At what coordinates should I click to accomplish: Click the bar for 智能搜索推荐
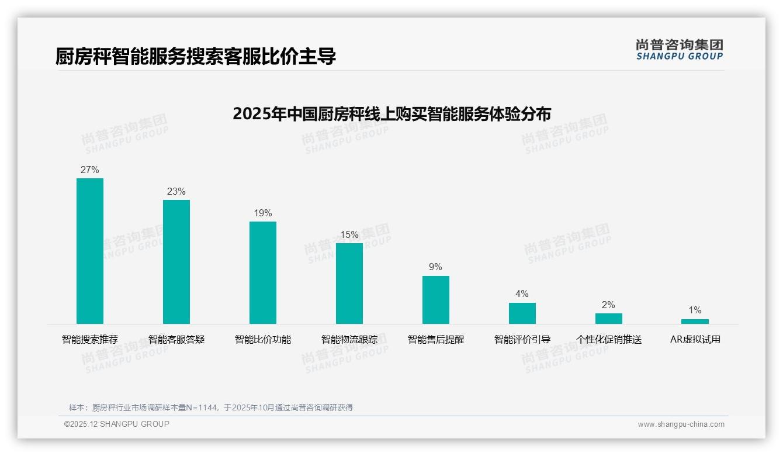[x=90, y=251]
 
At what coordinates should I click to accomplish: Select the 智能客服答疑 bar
[x=176, y=262]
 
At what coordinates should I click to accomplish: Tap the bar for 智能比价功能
[x=263, y=272]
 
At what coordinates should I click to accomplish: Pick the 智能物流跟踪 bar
[x=349, y=284]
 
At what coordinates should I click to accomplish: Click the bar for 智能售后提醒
[x=436, y=300]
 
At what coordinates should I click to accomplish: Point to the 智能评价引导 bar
[x=522, y=313]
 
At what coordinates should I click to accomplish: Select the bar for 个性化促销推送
[x=609, y=319]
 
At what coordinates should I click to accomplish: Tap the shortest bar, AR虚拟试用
[x=695, y=322]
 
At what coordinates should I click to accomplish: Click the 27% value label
[x=90, y=170]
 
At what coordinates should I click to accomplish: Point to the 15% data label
[x=349, y=235]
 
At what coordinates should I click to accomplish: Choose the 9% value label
[x=436, y=267]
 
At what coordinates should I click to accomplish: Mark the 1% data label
[x=695, y=310]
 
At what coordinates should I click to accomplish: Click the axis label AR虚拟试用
[x=695, y=340]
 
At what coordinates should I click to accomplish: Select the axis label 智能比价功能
[x=263, y=340]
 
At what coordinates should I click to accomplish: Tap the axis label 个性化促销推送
[x=609, y=340]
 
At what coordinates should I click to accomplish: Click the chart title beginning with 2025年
[x=391, y=114]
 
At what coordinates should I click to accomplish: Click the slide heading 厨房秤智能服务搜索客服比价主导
[x=196, y=57]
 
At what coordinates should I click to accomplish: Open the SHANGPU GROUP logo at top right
[x=680, y=50]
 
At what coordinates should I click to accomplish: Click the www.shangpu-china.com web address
[x=681, y=424]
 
